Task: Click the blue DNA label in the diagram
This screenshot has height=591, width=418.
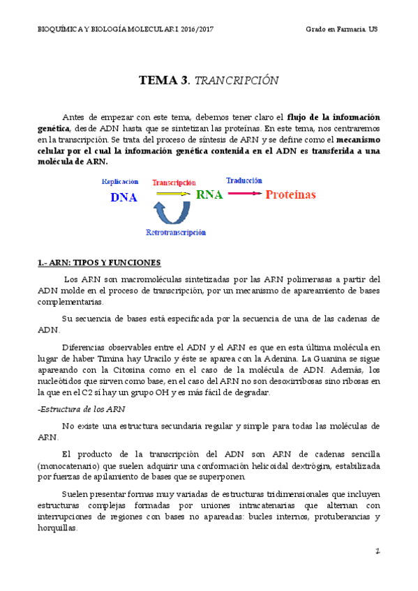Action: click(124, 197)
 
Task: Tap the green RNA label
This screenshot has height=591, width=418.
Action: click(209, 194)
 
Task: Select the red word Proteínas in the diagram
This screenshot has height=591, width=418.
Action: click(290, 194)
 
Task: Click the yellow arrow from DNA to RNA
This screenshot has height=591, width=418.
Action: click(172, 193)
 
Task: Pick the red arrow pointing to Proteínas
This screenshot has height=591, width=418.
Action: click(244, 193)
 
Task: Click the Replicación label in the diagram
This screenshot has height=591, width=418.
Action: click(120, 181)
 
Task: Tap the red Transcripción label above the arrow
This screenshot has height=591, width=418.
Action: click(174, 182)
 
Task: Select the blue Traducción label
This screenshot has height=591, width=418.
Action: click(244, 181)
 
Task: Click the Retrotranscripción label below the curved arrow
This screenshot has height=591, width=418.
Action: click(176, 232)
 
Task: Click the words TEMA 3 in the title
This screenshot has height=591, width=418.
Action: click(163, 80)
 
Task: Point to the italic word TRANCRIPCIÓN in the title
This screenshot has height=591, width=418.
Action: click(237, 81)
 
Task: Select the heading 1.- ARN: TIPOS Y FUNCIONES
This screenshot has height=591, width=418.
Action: click(99, 263)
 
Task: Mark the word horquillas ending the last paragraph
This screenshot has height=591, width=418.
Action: click(56, 528)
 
